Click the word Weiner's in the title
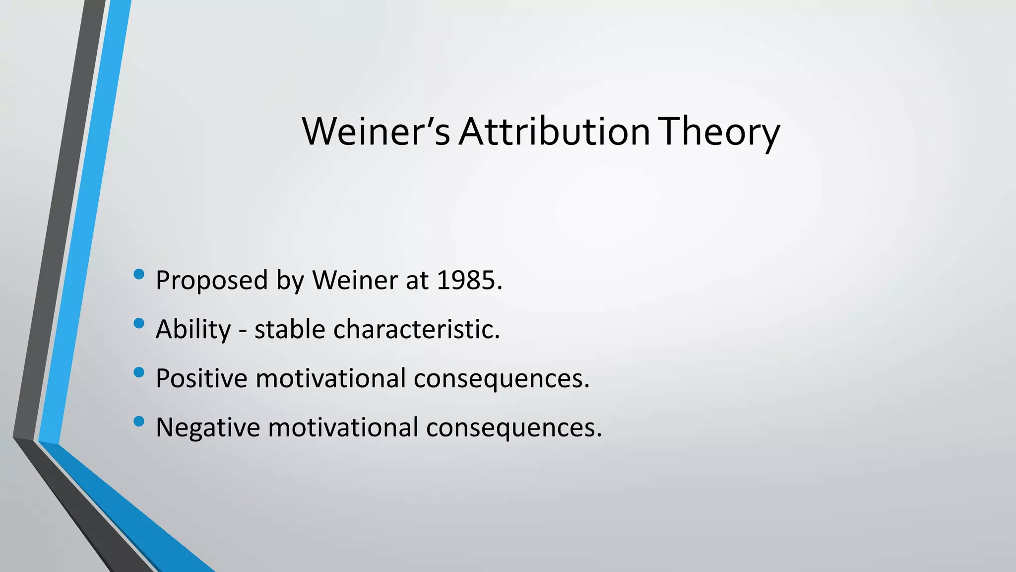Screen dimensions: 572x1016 point(376,132)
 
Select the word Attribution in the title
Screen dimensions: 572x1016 point(554,132)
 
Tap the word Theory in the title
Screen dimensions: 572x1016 point(721,133)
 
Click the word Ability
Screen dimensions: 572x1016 point(193,330)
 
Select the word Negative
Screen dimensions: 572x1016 point(207,427)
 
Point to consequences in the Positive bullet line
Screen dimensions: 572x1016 point(501,379)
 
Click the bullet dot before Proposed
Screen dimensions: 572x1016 point(139,274)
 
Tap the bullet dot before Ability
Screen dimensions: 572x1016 point(139,323)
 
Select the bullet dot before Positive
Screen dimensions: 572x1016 point(139,372)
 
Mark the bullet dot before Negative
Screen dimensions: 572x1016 point(139,422)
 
